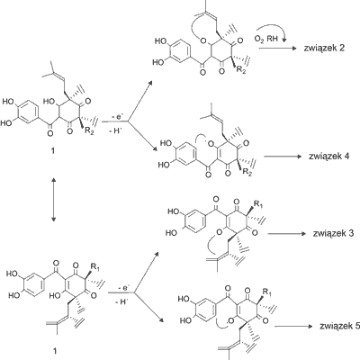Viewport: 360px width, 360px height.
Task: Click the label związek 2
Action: [324, 48]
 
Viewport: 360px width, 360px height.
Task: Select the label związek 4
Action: [328, 157]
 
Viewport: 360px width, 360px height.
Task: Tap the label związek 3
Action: [333, 233]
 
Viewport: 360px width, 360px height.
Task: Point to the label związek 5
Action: [340, 326]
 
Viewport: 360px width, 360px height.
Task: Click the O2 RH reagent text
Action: [265, 39]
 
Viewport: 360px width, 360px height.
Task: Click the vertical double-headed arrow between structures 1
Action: [53, 200]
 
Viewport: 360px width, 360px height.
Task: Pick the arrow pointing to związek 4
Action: [283, 157]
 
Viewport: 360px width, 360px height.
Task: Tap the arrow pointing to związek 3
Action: [286, 233]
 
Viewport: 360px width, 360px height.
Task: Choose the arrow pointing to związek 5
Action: [293, 327]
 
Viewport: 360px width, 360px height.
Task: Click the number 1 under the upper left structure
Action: [53, 151]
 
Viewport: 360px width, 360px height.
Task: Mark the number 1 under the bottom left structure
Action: [55, 351]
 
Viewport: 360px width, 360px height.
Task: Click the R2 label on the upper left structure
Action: [89, 130]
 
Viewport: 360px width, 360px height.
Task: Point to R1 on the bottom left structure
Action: [94, 267]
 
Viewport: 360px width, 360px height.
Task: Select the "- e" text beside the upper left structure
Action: [116, 118]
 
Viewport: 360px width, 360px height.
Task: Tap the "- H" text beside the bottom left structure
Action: [121, 302]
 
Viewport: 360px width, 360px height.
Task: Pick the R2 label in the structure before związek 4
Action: [247, 172]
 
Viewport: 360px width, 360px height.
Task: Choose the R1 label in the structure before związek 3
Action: [257, 205]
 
